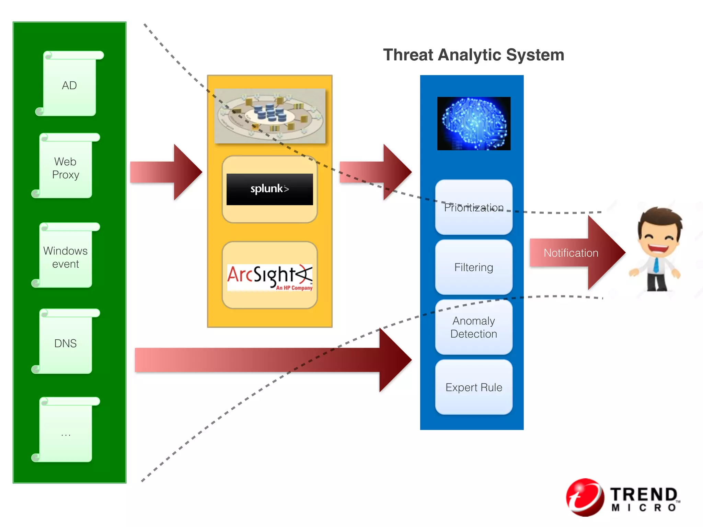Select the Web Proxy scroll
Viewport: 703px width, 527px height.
coord(66,166)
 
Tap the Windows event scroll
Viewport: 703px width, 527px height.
coord(66,256)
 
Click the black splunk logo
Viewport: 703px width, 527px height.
coord(270,189)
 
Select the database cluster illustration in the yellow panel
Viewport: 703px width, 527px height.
coord(270,116)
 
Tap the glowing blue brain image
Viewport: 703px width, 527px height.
coord(474,124)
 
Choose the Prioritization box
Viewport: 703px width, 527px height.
coord(474,207)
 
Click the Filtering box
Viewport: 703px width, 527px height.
coord(474,267)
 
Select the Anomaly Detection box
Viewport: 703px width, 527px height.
coord(474,327)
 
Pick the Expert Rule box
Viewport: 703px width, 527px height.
coord(474,387)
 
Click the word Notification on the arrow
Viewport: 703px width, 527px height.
coord(571,253)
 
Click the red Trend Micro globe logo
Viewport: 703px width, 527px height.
coord(585,497)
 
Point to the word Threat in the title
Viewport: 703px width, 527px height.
coord(408,55)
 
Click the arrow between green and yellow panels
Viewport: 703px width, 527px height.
coord(166,172)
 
